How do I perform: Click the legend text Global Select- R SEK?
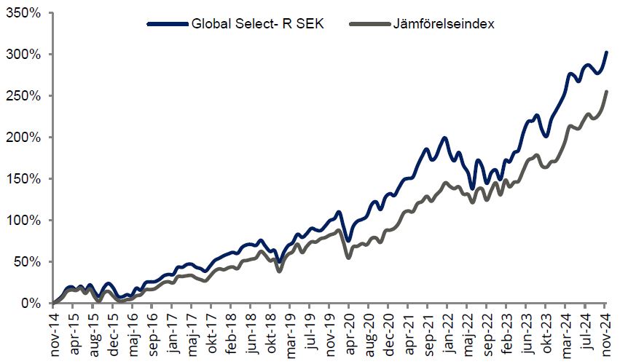pos(257,24)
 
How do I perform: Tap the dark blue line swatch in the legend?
pos(167,24)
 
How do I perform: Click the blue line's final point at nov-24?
pos(607,52)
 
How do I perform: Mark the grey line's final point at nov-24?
pos(607,91)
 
